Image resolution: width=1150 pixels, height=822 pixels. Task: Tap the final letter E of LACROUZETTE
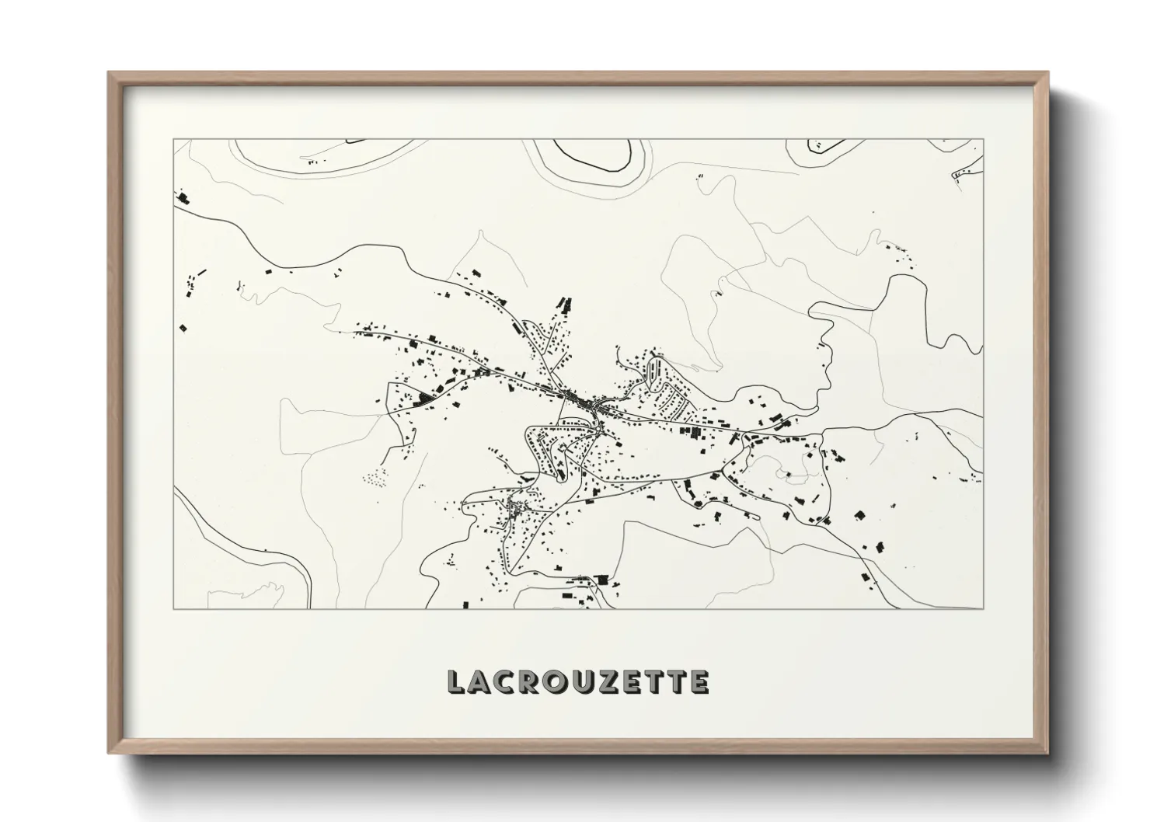[699, 682]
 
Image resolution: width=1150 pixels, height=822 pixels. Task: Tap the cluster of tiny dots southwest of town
[375, 476]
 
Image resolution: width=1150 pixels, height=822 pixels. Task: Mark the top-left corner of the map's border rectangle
[173, 140]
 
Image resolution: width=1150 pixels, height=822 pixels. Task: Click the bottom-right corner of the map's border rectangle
[983, 608]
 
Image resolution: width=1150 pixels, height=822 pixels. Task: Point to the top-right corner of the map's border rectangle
[983, 140]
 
